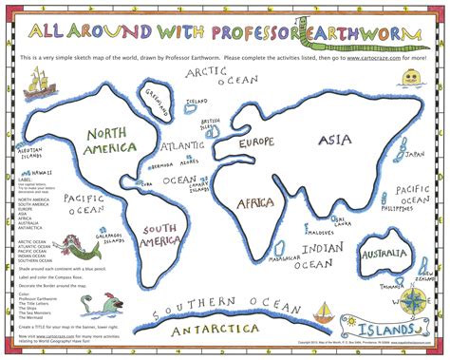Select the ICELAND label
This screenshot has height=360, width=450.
click(x=197, y=102)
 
